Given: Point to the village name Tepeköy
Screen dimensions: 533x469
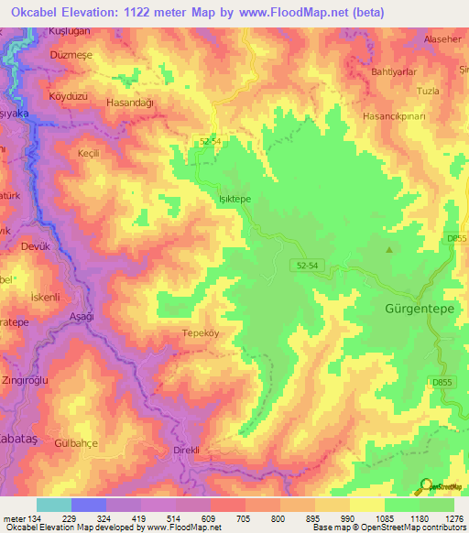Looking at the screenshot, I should pos(203,333).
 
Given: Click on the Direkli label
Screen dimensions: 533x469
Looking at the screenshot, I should pos(192,451).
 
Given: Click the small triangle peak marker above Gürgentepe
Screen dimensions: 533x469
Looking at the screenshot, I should pos(390,249).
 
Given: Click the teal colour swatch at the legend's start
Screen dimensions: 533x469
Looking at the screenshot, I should pos(53,505).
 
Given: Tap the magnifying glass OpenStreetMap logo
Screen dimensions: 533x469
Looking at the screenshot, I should pos(426,486).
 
